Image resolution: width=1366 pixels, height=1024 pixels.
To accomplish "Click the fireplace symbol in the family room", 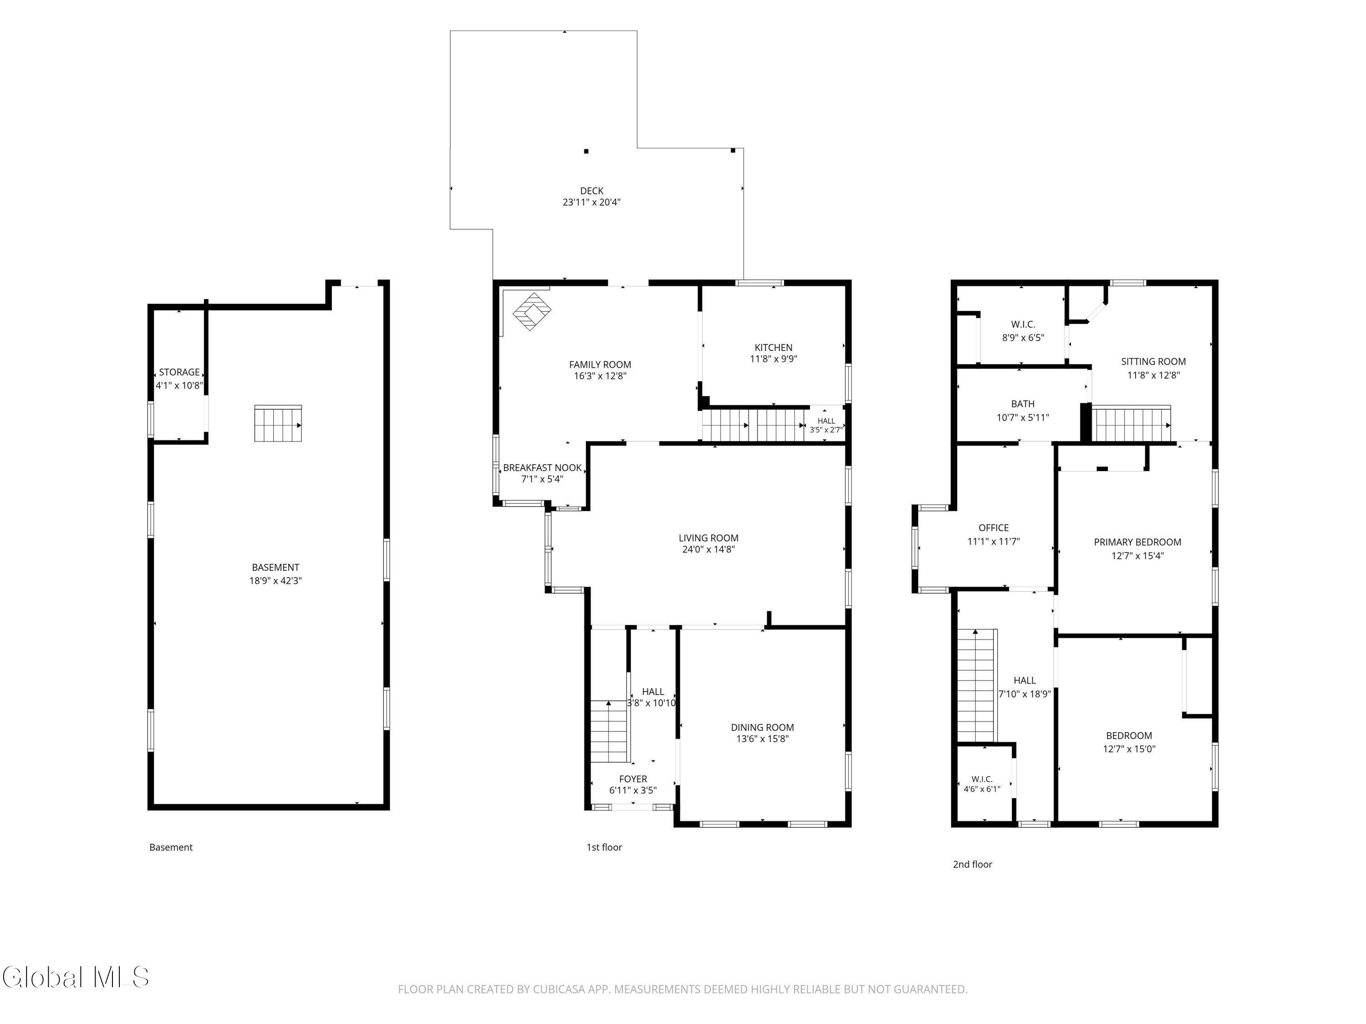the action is coord(531,311).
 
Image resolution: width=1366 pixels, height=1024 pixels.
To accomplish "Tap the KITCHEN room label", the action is coord(773,348).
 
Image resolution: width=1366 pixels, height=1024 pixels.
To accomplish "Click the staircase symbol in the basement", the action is coord(278,423).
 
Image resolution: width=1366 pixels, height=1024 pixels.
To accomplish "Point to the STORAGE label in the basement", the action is coord(179,372).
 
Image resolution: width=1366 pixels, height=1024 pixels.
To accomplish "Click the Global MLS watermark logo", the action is coord(75,977).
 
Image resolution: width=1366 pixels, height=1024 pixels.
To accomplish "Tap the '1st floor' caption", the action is coord(604,847).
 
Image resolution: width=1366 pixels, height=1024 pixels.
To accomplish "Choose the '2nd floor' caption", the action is coord(972,864).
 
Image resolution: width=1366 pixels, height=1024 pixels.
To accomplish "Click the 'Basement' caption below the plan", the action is coord(171,847).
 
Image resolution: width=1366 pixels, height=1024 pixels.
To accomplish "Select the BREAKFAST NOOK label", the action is coord(542,468).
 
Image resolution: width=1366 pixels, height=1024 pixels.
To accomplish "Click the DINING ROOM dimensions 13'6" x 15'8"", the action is coord(762,739).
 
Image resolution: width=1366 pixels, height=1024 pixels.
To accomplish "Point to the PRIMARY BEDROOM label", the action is coord(1137,542).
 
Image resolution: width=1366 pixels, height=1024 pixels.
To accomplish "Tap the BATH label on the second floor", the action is coord(1023,404).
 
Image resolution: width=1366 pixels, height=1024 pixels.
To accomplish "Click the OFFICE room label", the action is coord(994,528).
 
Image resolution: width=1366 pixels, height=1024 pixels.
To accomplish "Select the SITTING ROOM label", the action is coord(1153,362).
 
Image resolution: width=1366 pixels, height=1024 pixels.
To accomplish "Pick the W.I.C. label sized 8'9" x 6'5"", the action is coord(1023,324).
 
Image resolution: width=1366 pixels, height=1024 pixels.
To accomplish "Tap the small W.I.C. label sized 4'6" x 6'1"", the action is coord(982,779).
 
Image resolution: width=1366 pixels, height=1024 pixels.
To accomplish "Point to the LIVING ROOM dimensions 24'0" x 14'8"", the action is coord(708,549).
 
